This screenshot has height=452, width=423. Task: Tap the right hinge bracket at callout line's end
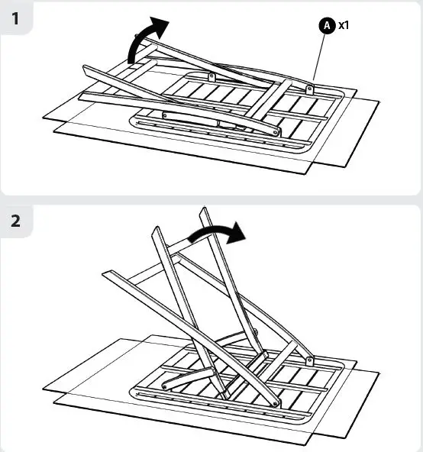309,89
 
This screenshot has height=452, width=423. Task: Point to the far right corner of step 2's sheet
379,373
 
